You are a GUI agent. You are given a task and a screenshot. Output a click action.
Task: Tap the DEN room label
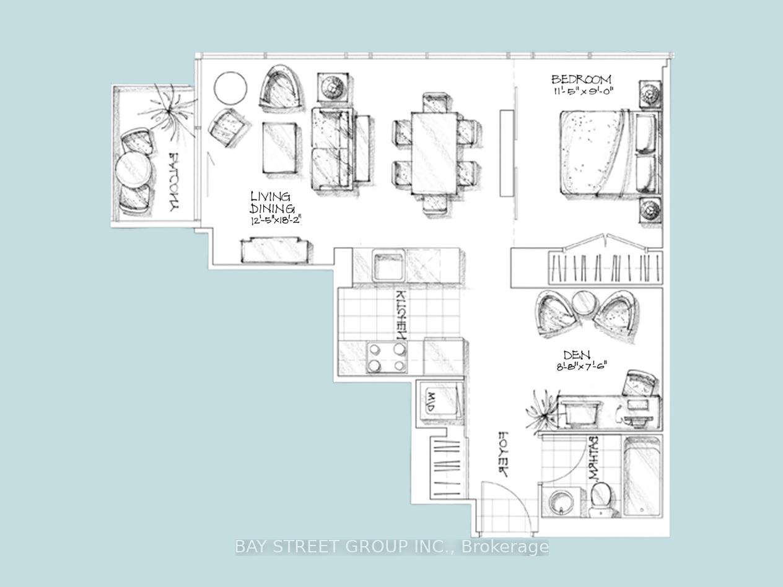point(576,355)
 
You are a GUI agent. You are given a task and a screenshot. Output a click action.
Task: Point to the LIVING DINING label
point(272,202)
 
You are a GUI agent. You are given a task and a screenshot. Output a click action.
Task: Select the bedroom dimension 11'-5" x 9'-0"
point(586,92)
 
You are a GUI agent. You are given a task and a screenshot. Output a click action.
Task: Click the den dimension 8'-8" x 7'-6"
point(580,366)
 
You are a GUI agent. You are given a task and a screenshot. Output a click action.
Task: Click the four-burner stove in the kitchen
point(386,357)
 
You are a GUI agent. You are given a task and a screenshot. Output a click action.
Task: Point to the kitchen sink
point(388,265)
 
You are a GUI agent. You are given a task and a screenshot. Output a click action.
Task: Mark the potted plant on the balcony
point(166,111)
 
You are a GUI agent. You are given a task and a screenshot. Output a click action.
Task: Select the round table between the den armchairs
point(583,303)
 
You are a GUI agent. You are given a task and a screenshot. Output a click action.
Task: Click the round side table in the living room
point(230,88)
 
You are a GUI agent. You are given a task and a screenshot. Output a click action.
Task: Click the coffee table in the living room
point(279,147)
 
